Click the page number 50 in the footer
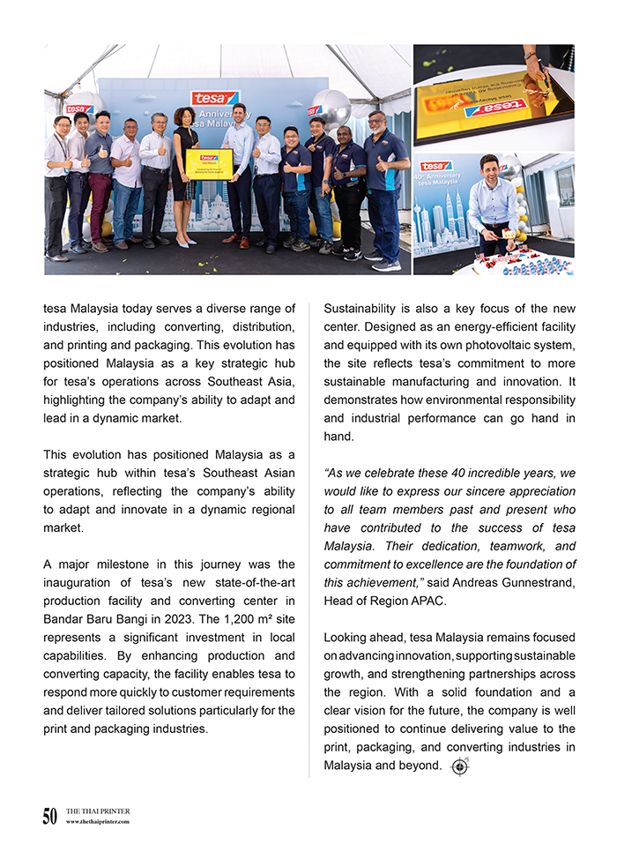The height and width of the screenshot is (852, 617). [49, 817]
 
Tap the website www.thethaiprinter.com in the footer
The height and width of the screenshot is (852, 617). [98, 822]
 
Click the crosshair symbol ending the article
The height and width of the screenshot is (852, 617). [459, 766]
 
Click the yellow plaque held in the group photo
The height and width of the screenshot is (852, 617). [209, 164]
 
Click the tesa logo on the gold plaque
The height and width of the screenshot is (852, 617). [494, 108]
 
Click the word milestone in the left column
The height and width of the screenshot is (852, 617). [119, 564]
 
